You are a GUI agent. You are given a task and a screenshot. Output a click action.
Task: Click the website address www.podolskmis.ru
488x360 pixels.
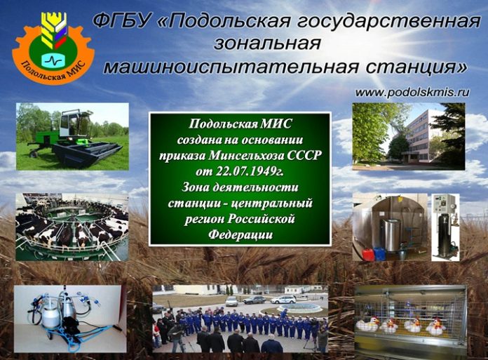tap(412, 92)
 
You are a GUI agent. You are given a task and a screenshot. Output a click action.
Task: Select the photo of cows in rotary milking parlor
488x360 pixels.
tap(72, 226)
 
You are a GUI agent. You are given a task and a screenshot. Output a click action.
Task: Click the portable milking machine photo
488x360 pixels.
tap(69, 317)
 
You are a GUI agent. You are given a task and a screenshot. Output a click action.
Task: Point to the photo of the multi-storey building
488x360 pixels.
tap(408, 137)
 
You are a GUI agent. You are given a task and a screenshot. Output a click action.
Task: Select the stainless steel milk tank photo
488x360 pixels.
tap(390, 226)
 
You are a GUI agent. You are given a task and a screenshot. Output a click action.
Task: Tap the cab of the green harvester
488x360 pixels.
tap(75, 126)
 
